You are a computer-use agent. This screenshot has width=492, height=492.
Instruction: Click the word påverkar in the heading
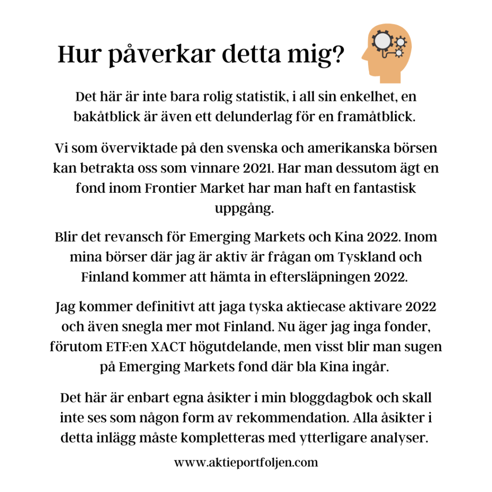[x=154, y=54]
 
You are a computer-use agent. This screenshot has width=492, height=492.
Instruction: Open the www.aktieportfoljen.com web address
[x=246, y=463]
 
